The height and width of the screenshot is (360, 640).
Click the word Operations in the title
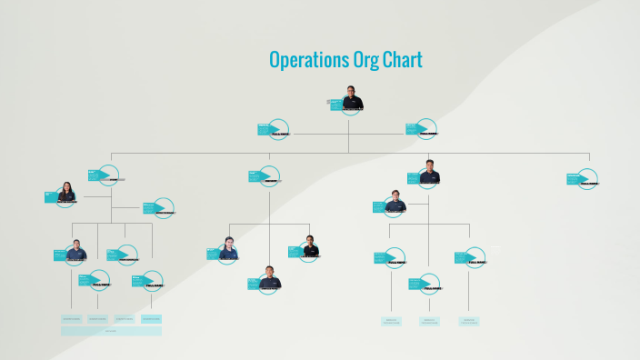[x=308, y=60]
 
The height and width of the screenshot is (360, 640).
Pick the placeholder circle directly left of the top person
[x=277, y=129]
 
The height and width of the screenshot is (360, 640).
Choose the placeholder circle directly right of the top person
[x=425, y=129]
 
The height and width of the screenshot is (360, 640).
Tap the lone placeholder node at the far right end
[x=587, y=178]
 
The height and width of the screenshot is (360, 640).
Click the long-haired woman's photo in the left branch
[x=66, y=193]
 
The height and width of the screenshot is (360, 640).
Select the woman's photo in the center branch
[x=227, y=249]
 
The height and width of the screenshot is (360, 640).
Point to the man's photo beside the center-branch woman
[x=310, y=246]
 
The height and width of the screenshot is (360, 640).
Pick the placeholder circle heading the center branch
[x=269, y=176]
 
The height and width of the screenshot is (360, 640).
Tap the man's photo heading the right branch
[x=430, y=173]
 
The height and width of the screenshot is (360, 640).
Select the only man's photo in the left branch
[x=76, y=251]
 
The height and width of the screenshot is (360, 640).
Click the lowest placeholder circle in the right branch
[x=428, y=284]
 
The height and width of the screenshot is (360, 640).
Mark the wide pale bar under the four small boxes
[x=111, y=331]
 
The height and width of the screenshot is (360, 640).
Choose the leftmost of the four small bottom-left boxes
[x=72, y=319]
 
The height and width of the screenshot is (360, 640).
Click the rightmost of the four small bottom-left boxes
[x=151, y=319]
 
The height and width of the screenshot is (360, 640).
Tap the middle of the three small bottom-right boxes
[x=429, y=321]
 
